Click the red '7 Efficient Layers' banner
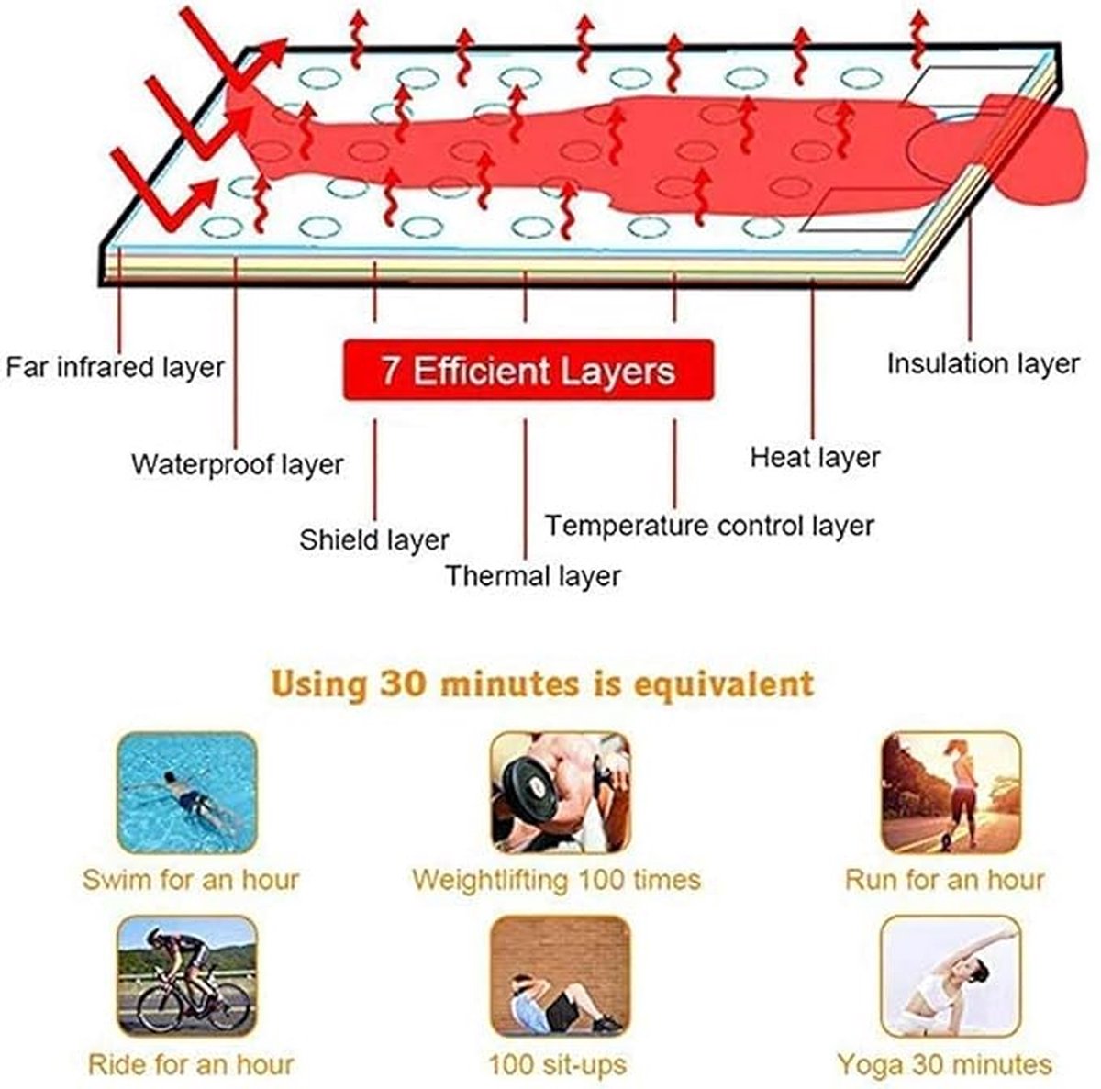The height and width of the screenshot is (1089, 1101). (x=528, y=371)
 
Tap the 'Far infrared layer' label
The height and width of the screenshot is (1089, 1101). (x=115, y=367)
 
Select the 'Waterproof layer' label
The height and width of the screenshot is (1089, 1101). (x=238, y=464)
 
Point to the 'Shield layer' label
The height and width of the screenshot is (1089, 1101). (x=374, y=540)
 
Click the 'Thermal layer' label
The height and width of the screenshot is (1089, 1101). (x=532, y=576)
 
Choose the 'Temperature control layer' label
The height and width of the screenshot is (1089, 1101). (x=709, y=526)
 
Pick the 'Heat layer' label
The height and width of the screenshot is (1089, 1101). (x=816, y=458)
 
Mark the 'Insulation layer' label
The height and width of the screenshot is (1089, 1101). (x=984, y=364)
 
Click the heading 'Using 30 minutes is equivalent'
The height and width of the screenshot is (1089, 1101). (x=543, y=683)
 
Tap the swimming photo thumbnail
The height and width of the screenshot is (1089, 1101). (x=187, y=793)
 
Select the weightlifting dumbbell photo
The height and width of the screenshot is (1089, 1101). (x=561, y=793)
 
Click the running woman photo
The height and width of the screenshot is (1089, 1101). (x=951, y=793)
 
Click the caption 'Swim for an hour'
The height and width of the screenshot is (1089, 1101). (x=191, y=880)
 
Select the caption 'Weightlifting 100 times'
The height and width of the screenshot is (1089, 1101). (x=557, y=880)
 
